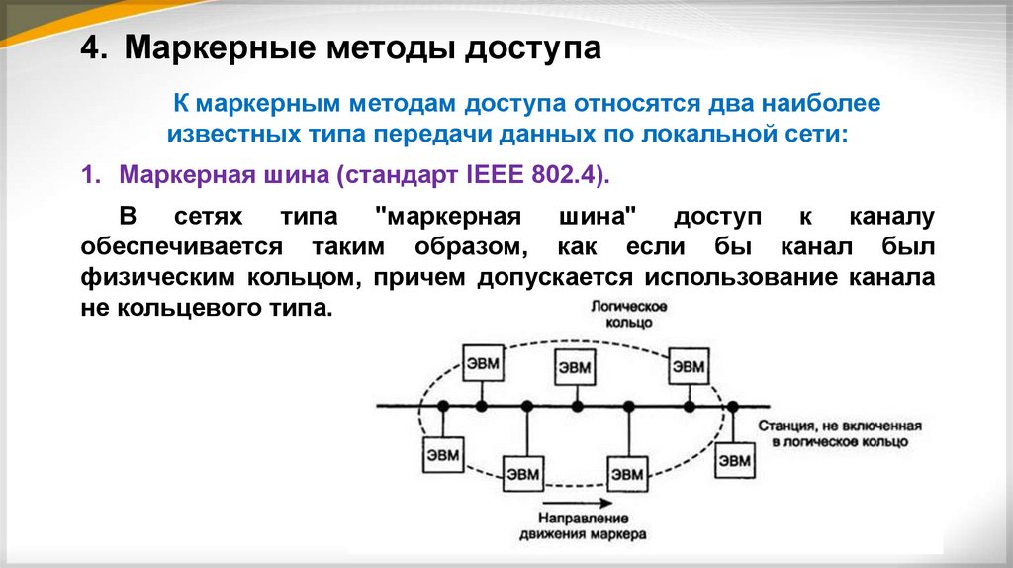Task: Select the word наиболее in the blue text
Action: [820, 103]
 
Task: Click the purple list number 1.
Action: [91, 174]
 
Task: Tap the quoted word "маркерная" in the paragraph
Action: [448, 217]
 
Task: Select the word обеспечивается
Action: [182, 246]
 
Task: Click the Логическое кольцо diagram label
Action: [629, 314]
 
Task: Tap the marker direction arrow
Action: [578, 503]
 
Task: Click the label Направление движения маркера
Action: [583, 526]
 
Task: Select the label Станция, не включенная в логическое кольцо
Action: [840, 433]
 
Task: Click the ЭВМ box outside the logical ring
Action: [735, 460]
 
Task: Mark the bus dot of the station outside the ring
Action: [733, 407]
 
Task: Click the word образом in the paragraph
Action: [467, 246]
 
